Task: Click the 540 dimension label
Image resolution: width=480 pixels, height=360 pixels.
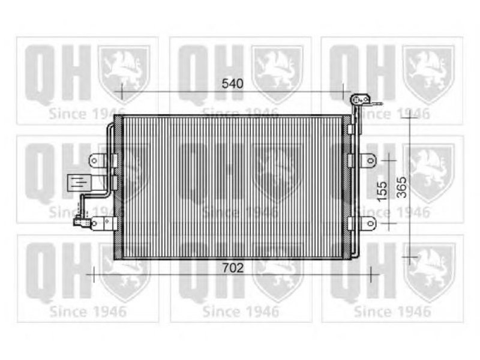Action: (x=232, y=83)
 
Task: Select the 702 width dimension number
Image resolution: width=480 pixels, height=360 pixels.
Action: (x=233, y=268)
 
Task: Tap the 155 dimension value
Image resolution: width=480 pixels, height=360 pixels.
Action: (x=382, y=192)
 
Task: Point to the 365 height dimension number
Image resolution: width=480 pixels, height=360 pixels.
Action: (x=402, y=187)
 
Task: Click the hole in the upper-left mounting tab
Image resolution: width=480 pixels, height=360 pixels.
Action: (x=94, y=160)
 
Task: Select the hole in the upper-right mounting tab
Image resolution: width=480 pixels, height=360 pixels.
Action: (x=370, y=160)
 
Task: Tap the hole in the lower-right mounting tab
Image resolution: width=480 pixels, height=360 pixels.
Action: (x=370, y=223)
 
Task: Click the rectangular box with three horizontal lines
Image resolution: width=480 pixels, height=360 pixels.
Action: (x=79, y=183)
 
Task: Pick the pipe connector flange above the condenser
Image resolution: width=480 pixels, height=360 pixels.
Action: (x=361, y=100)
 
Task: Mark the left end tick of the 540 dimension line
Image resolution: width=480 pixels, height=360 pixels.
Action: (x=122, y=92)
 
